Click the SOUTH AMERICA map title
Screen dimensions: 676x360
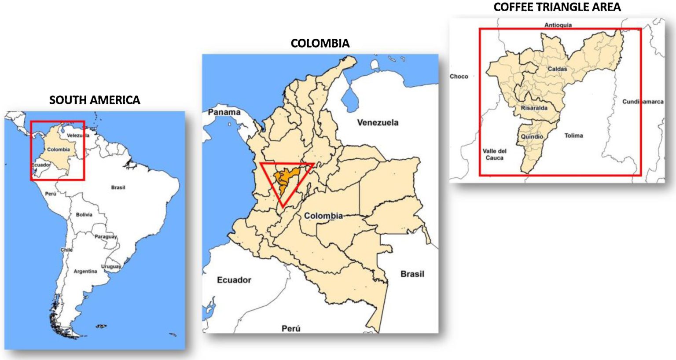tap(95, 100)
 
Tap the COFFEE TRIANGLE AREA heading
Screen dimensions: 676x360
tap(557, 7)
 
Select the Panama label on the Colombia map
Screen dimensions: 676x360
tap(224, 112)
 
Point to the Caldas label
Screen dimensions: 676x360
tap(557, 69)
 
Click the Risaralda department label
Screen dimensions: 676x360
tap(534, 108)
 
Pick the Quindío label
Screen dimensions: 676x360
tap(532, 136)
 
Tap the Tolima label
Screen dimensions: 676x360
tap(573, 136)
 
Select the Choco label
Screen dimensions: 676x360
tap(459, 77)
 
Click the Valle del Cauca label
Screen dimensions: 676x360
tap(494, 154)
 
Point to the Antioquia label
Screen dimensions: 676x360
tap(558, 25)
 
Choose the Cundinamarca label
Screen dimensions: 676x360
tap(643, 102)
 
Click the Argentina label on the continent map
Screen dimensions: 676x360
tap(85, 272)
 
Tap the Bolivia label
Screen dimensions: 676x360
tap(84, 215)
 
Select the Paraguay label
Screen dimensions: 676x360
tap(106, 237)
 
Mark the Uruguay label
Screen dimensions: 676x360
tap(111, 267)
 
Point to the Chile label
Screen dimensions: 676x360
tap(66, 250)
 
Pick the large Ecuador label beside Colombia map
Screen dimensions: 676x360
tap(234, 280)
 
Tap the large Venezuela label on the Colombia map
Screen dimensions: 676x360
tap(377, 122)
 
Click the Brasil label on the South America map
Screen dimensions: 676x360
tap(118, 187)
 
